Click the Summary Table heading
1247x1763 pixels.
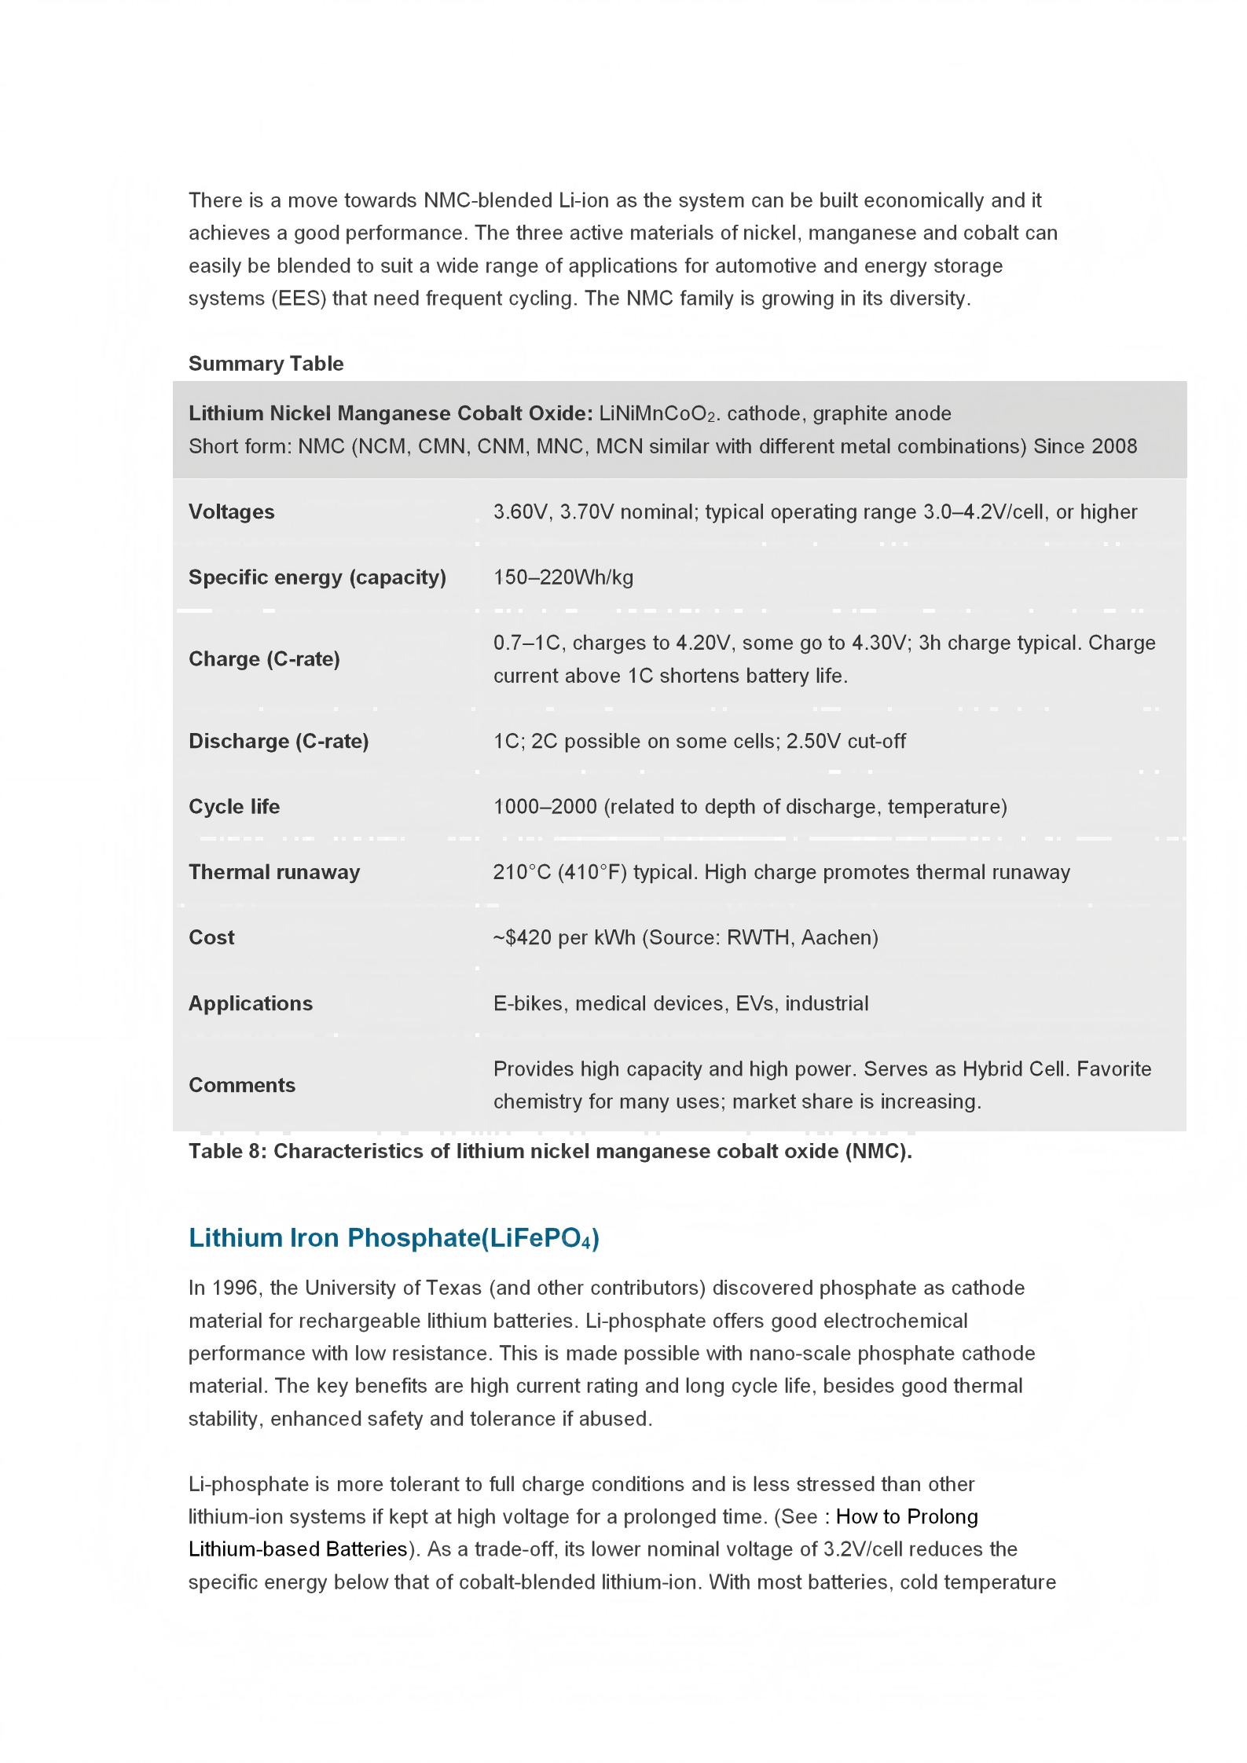266,364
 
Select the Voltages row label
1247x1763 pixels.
232,512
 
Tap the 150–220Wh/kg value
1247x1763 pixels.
563,577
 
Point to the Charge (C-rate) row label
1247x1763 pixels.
264,659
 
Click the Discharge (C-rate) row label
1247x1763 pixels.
278,742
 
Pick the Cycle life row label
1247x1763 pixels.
234,807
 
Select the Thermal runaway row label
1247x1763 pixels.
274,872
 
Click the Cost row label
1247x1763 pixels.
211,937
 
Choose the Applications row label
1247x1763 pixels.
251,1003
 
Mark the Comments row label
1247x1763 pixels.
242,1085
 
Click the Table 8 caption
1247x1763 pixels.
550,1151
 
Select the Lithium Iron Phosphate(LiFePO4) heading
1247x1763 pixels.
394,1238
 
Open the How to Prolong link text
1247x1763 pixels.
907,1516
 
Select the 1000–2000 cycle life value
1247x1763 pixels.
545,807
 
